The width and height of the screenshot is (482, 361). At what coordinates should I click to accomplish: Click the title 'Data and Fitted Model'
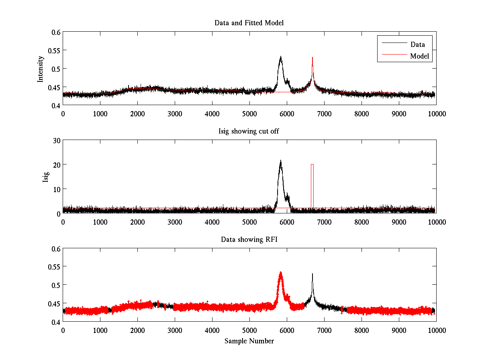pyautogui.click(x=249, y=23)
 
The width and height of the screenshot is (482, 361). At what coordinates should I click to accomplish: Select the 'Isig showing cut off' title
pyautogui.click(x=249, y=132)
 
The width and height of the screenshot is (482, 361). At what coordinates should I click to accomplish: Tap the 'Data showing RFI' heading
pyautogui.click(x=249, y=239)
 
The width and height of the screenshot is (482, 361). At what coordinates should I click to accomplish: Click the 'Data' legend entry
pyautogui.click(x=417, y=44)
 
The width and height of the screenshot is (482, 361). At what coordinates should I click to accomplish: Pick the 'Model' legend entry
pyautogui.click(x=419, y=56)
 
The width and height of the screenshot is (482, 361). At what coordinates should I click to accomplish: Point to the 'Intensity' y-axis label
pyautogui.click(x=40, y=69)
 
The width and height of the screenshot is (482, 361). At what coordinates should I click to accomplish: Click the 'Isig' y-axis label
pyautogui.click(x=45, y=177)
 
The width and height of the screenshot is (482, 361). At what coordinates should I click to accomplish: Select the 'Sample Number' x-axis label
pyautogui.click(x=249, y=341)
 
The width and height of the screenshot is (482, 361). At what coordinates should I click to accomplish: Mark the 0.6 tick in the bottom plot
pyautogui.click(x=55, y=249)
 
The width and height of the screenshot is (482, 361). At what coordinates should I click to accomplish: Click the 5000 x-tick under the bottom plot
pyautogui.click(x=249, y=330)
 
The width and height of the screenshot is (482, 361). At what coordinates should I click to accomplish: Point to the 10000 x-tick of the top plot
pyautogui.click(x=436, y=114)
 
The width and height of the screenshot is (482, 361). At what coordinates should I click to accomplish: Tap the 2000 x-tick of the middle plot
pyautogui.click(x=137, y=222)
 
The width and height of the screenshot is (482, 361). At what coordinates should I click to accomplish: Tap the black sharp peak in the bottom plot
pyautogui.click(x=312, y=281)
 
